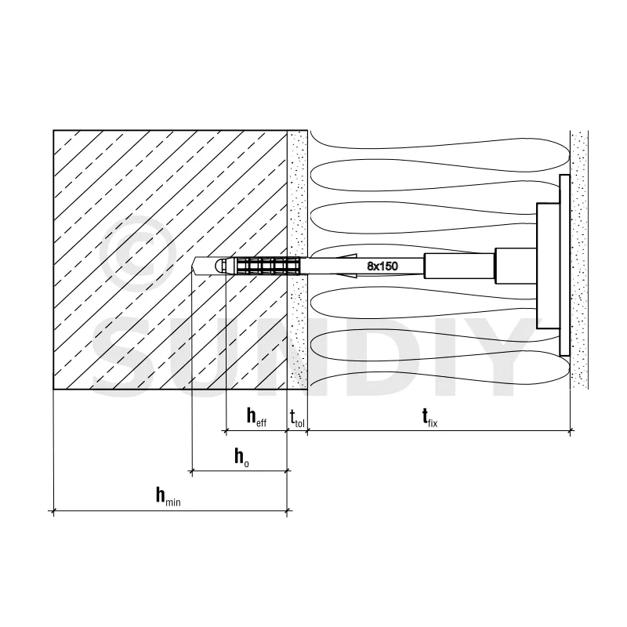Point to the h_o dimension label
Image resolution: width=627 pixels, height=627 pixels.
point(242,457)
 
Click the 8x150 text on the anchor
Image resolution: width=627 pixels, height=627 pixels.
point(383,266)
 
